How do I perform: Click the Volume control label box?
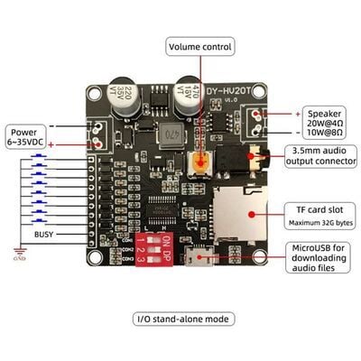[x=200, y=46]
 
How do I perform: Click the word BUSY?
[x=44, y=234]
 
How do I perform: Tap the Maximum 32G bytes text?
[x=322, y=222]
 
